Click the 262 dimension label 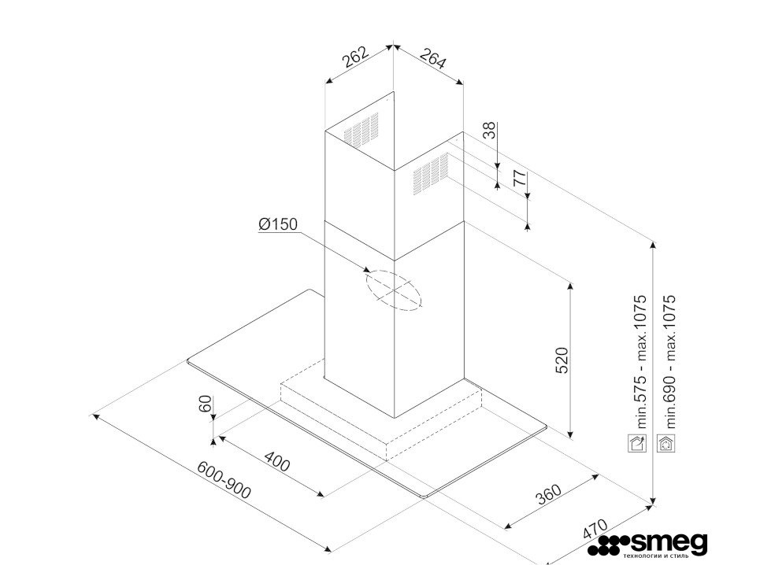(356, 56)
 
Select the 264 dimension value (432, 57)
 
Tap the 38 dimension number (491, 131)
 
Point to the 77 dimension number (520, 178)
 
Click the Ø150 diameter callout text (278, 224)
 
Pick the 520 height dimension (561, 360)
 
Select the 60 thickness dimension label (206, 404)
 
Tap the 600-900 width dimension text (224, 479)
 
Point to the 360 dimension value (548, 494)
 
